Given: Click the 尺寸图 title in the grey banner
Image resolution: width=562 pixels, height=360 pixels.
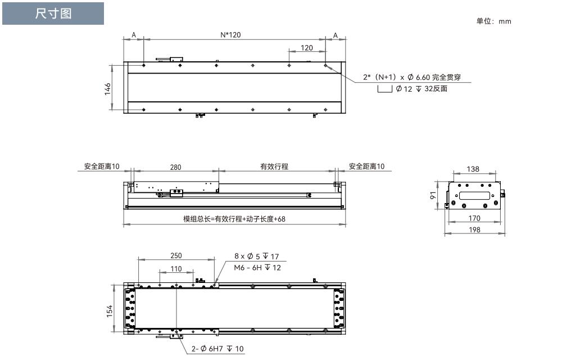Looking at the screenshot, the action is tap(53, 13).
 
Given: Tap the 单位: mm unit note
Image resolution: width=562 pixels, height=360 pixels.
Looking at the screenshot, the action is tap(493, 21).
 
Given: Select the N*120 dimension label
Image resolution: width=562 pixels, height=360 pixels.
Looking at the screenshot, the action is tap(230, 35).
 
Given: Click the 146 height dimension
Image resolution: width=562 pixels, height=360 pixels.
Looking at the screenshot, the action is tap(107, 89).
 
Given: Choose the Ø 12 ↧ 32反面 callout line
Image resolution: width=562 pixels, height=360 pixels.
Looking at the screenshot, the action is tap(422, 88).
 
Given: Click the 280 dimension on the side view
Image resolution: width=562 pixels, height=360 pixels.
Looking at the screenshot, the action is tap(175, 167).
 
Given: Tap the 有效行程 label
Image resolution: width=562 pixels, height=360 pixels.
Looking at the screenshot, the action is tap(274, 166).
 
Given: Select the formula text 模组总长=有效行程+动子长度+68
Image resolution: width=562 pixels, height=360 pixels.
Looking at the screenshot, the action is tap(234, 219).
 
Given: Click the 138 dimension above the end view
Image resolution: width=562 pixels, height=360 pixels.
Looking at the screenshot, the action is tap(473, 169).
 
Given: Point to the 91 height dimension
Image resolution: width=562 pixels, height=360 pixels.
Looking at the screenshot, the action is tap(433, 195).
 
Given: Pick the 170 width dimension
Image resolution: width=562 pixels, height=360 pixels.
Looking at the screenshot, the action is tap(474, 218).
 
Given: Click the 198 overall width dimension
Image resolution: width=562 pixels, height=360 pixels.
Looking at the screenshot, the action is tap(474, 229).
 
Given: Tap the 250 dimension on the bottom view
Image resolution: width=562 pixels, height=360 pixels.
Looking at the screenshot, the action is tap(176, 256).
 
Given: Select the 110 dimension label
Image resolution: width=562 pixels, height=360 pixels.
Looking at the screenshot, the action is tap(176, 269).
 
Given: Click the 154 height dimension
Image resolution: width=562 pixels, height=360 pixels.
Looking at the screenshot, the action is tap(110, 310).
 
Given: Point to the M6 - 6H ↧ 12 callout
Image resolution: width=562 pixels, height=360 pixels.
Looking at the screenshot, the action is tap(257, 268).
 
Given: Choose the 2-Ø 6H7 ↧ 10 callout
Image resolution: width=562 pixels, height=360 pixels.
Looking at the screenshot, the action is tap(217, 349).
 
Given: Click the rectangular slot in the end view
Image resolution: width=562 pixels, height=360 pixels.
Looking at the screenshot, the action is tap(474, 196).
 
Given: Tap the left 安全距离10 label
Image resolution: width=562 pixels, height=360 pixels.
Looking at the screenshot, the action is tap(102, 166).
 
